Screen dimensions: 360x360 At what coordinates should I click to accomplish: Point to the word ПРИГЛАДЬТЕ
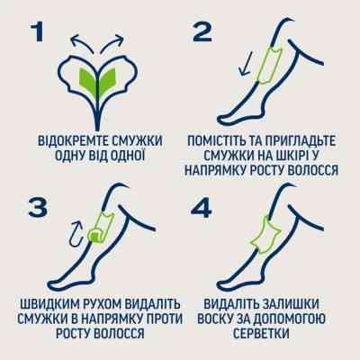[307, 141]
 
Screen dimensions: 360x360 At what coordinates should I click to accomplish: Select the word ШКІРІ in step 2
[292, 157]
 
